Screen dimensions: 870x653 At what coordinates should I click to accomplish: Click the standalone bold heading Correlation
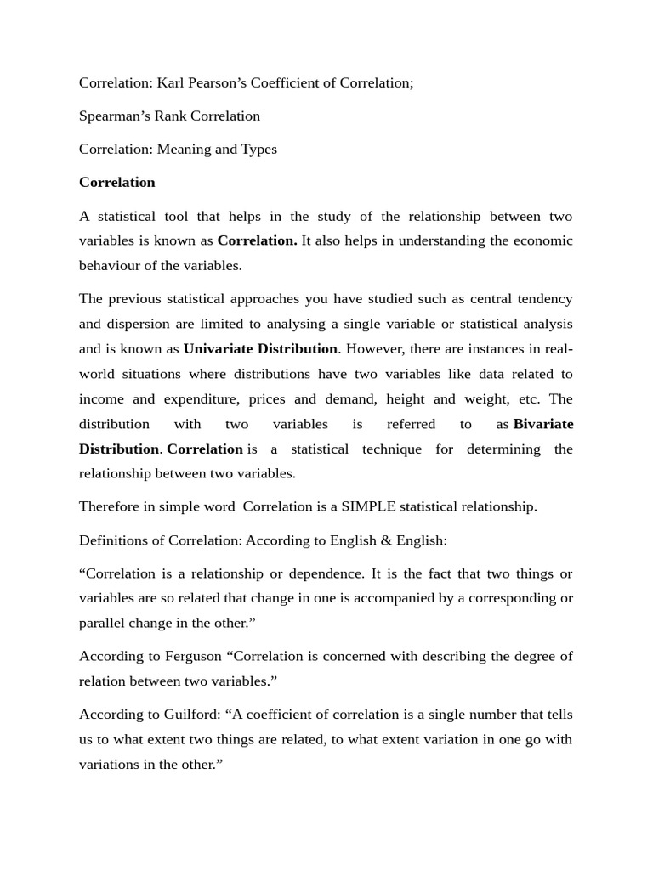click(117, 182)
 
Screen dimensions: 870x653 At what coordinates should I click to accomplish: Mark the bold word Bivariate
click(543, 423)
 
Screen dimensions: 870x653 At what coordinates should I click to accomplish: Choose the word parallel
click(104, 623)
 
